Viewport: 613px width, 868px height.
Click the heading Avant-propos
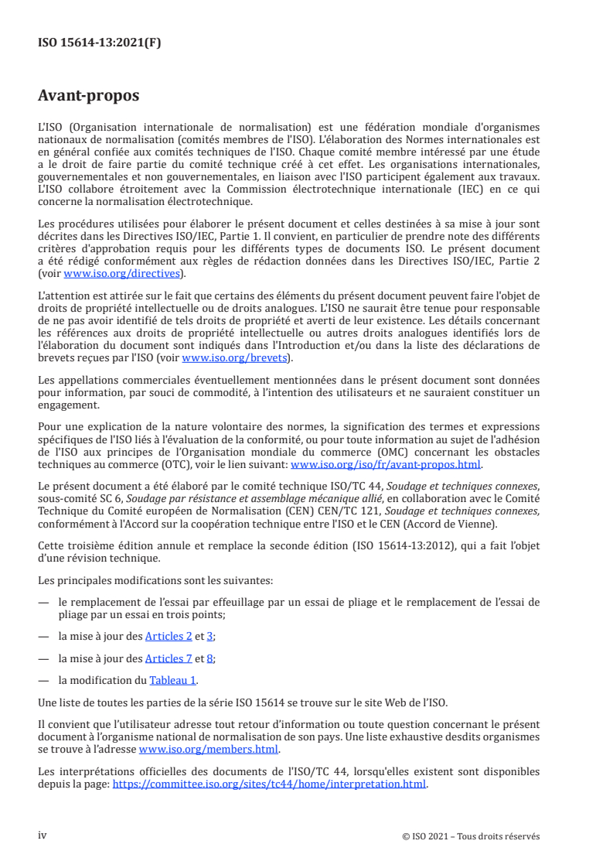click(x=88, y=96)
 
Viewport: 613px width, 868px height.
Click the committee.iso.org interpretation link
click(x=270, y=784)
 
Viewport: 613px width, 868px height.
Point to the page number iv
click(x=43, y=836)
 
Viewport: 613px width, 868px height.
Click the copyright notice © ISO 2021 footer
click(x=471, y=836)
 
